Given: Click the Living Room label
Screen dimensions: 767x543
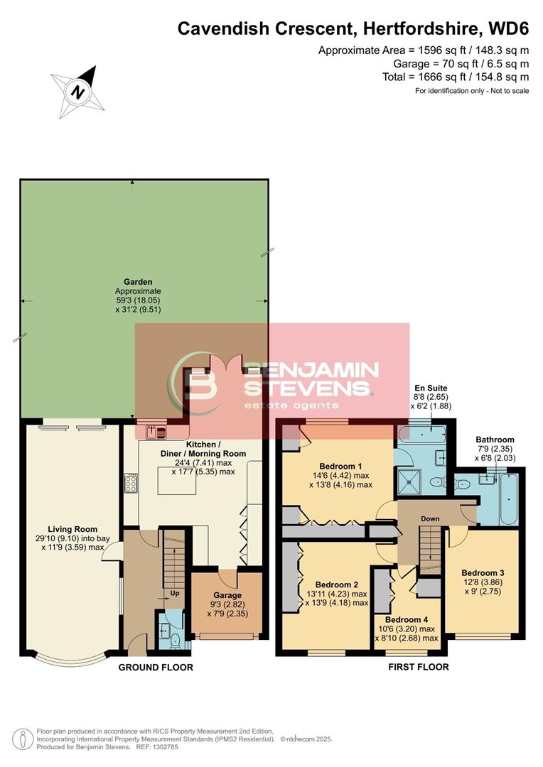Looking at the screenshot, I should (x=72, y=529).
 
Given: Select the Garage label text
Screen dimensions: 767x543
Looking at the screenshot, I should (x=227, y=595).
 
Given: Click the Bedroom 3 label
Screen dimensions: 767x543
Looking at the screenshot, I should (x=483, y=572).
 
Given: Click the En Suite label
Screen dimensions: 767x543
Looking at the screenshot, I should (x=431, y=388).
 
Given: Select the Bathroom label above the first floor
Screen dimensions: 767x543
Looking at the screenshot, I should (x=495, y=440).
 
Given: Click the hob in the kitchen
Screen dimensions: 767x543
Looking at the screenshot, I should (x=131, y=484).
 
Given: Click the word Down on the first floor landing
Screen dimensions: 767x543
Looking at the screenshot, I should (x=430, y=519).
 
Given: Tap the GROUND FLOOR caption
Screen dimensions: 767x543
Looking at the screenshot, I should (x=156, y=668).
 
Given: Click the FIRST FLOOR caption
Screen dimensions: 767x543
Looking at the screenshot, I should (x=418, y=668).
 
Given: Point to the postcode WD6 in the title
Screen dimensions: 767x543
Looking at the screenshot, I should (x=508, y=28).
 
